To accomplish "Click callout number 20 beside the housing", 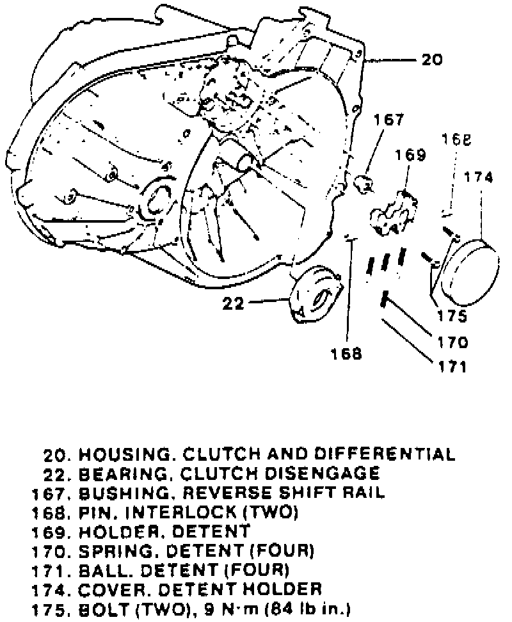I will tap(432, 61).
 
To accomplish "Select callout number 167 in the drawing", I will tap(390, 120).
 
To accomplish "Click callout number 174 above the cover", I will tap(479, 178).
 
